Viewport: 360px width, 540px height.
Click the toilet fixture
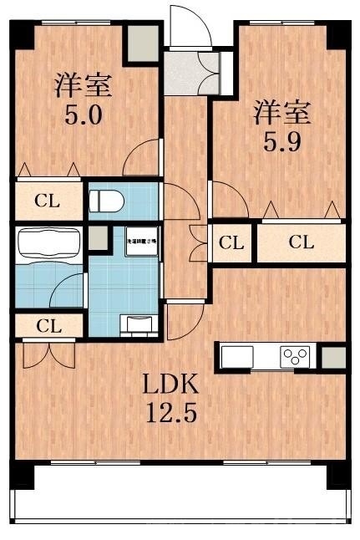point(107,201)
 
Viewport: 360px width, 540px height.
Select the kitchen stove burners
point(294,356)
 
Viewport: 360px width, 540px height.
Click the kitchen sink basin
point(236,356)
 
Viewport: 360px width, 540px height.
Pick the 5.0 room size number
point(84,113)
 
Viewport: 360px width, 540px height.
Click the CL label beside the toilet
point(47,201)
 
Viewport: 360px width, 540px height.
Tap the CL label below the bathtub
point(48,326)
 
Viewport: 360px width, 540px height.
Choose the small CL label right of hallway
point(231,243)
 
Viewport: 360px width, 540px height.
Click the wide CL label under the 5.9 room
point(302,243)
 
